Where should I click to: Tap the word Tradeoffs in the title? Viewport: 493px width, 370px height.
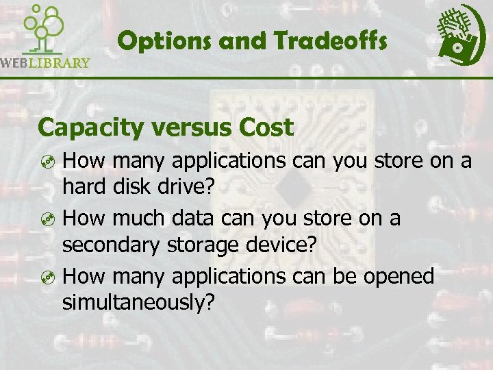(x=331, y=42)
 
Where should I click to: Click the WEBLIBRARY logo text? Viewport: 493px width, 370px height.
(x=45, y=63)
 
